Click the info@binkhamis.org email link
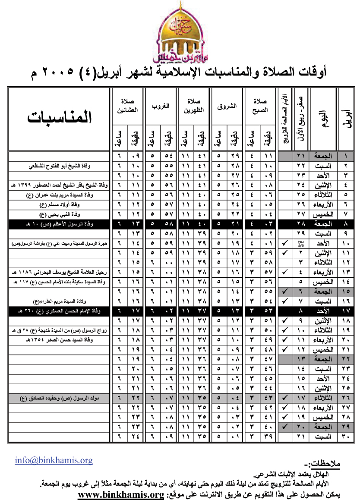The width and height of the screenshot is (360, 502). point(54,460)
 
